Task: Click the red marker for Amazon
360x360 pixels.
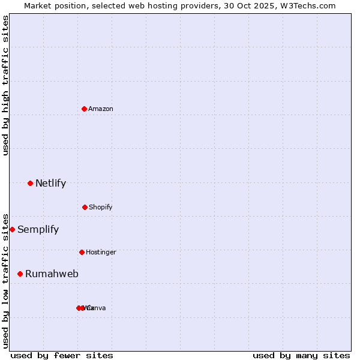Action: coord(84,109)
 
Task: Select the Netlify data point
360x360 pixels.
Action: coord(30,183)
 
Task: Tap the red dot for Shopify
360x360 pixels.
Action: coord(85,207)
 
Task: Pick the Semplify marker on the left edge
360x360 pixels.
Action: coord(12,229)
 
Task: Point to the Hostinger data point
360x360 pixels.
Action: coord(82,252)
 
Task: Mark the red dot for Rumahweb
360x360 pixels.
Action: coord(20,274)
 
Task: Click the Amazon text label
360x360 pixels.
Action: coord(101,109)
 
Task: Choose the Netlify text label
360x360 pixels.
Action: coord(50,183)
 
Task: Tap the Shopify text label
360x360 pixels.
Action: coord(101,207)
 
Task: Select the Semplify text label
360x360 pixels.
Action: coord(38,229)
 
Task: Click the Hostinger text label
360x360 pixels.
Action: coord(101,252)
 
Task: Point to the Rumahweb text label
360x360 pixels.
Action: coord(52,274)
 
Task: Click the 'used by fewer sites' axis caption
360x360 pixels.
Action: coord(62,355)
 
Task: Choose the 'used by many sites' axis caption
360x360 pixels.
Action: coord(301,355)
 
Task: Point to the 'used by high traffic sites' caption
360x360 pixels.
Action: coord(5,85)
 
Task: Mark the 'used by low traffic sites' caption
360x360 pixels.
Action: coord(5,281)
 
